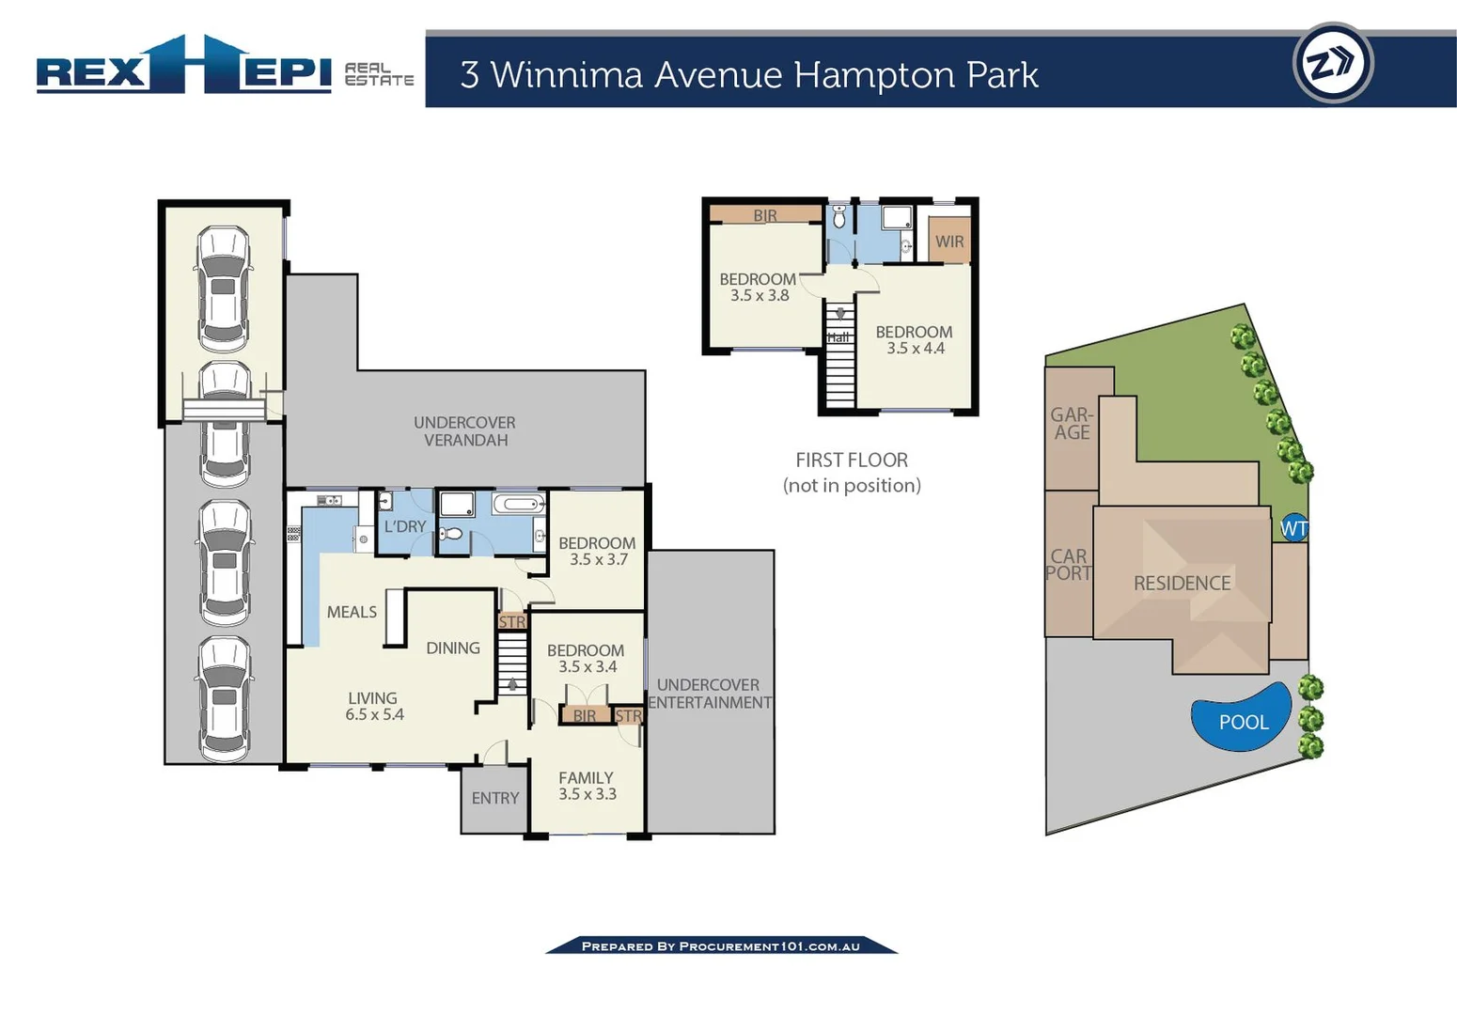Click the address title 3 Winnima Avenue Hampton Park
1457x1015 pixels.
coord(748,75)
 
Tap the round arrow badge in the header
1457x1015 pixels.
coord(1333,64)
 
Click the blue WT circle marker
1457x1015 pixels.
coord(1294,528)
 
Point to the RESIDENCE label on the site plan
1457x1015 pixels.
coord(1182,584)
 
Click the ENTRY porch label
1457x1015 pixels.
coord(494,798)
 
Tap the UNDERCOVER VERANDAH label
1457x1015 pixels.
coord(464,431)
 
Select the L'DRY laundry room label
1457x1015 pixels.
coord(404,526)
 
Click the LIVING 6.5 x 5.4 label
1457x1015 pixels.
coord(373,706)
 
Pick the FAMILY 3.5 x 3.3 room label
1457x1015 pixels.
coord(586,786)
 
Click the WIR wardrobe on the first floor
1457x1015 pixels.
coord(949,242)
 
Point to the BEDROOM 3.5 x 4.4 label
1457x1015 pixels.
coord(914,339)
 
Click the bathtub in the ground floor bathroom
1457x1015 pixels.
coord(518,505)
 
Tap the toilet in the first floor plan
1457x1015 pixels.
coord(839,218)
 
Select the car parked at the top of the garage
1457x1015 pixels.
coord(224,288)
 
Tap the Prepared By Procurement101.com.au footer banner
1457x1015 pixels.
coord(721,945)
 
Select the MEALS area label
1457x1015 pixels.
coord(352,612)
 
